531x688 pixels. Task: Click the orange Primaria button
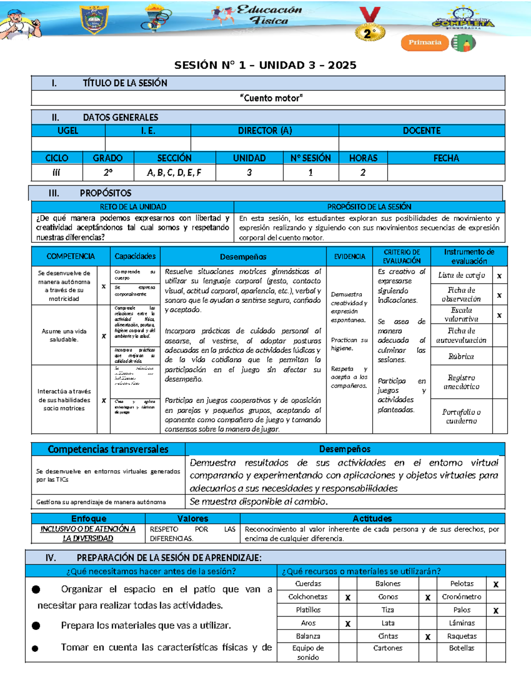point(425,43)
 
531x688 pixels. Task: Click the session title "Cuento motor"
point(271,98)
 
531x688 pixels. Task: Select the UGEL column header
point(68,131)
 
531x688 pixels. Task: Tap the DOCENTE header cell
point(421,131)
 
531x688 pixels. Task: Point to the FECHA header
point(446,158)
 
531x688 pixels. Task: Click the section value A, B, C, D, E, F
point(174,173)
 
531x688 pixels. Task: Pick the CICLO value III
point(56,173)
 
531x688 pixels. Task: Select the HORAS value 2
point(363,173)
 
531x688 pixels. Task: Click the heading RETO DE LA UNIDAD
point(133,207)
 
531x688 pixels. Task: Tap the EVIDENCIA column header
point(350,257)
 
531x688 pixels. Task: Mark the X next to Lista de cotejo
point(499,276)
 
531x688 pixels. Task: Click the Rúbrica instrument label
point(461,356)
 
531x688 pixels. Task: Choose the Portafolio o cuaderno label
point(461,416)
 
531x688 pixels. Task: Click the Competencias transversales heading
point(108,449)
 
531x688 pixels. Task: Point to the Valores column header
point(192,518)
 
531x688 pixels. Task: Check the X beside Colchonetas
point(348,597)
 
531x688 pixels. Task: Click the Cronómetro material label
point(462,597)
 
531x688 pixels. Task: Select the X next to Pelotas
point(496,584)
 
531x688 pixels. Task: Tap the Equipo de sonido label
point(308,653)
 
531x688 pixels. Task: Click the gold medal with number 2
point(369,33)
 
